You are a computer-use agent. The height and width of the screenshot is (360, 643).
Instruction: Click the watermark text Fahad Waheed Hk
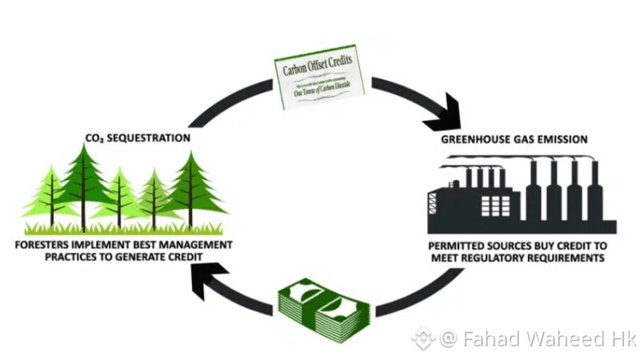535,339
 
